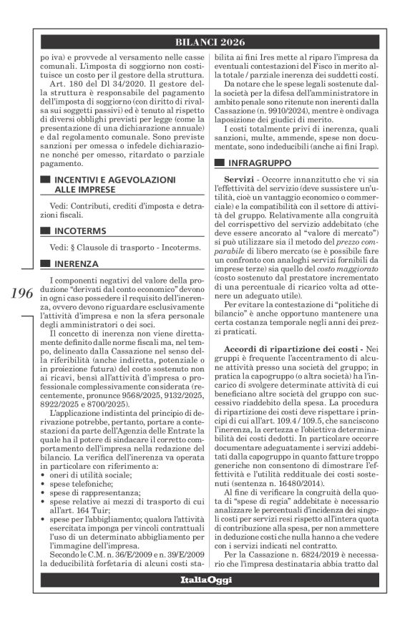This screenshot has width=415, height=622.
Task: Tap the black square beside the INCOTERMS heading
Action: [45, 231]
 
